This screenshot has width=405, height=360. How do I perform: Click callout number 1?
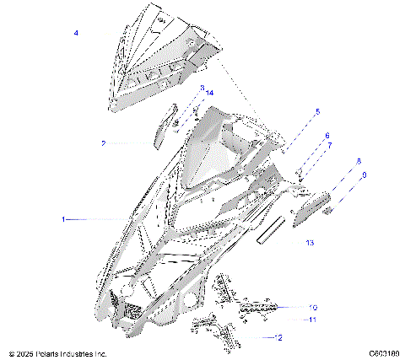[63, 219]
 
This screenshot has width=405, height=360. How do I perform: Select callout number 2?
[127, 143]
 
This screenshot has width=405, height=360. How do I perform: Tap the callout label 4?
[76, 33]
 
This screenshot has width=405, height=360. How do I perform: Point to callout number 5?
[317, 112]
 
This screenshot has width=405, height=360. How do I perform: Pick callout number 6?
[327, 136]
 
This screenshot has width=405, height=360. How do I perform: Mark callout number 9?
[364, 175]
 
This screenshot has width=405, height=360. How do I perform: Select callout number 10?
[313, 308]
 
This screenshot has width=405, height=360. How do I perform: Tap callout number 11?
[312, 320]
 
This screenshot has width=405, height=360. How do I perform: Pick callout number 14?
[209, 93]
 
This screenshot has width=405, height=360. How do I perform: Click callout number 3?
[202, 88]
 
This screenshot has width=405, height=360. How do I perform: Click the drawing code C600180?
[384, 354]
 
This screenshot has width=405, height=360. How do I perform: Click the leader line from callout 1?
[93, 219]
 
